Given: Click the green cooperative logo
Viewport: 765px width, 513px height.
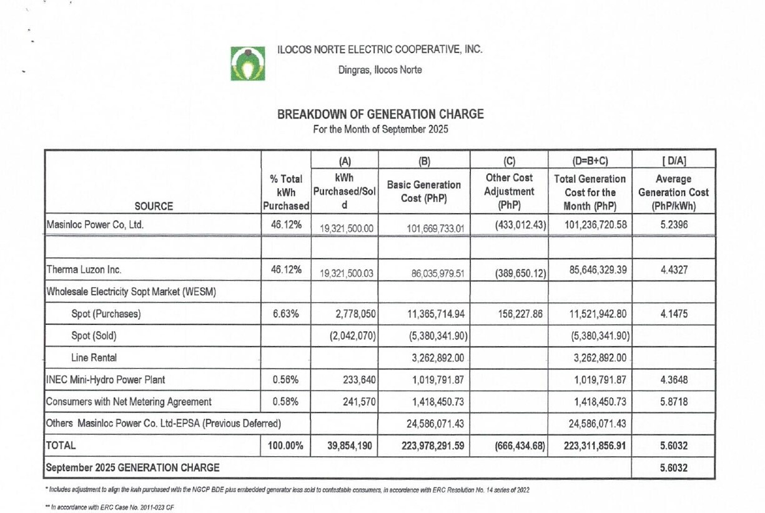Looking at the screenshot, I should pos(248,63).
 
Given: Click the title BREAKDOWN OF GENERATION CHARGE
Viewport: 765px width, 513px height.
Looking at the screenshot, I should pos(380,114).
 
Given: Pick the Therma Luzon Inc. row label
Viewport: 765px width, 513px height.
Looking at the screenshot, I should pos(84,271).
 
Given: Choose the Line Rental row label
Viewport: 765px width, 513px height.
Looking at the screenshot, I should pos(91,357).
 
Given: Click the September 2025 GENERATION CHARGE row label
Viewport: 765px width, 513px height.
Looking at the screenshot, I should pos(133,467).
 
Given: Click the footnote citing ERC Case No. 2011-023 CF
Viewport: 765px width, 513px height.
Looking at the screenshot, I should pos(107,507).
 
